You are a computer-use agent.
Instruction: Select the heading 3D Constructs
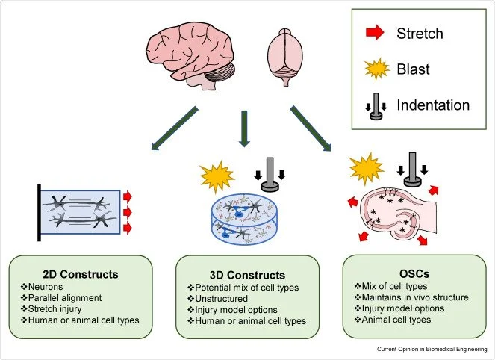tap(247, 274)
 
